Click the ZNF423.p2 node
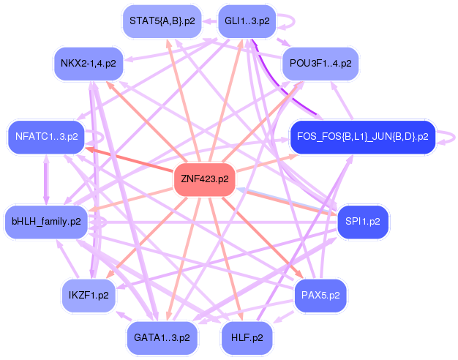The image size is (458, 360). coord(204,179)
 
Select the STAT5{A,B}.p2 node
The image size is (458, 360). coord(162,21)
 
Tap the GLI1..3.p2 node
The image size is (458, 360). coord(247,21)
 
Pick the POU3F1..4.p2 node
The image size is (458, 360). coord(320,63)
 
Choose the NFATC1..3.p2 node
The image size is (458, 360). coord(46,136)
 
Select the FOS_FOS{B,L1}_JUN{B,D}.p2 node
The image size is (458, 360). coord(363,136)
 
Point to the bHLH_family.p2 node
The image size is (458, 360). coord(47,220)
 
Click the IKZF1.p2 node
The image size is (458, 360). coord(88,296)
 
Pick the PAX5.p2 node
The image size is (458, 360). coord(320,296)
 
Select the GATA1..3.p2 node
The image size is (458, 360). coord(162,337)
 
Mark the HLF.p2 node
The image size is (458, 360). coord(247,337)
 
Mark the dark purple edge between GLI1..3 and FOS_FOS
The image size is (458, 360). coord(282,91)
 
